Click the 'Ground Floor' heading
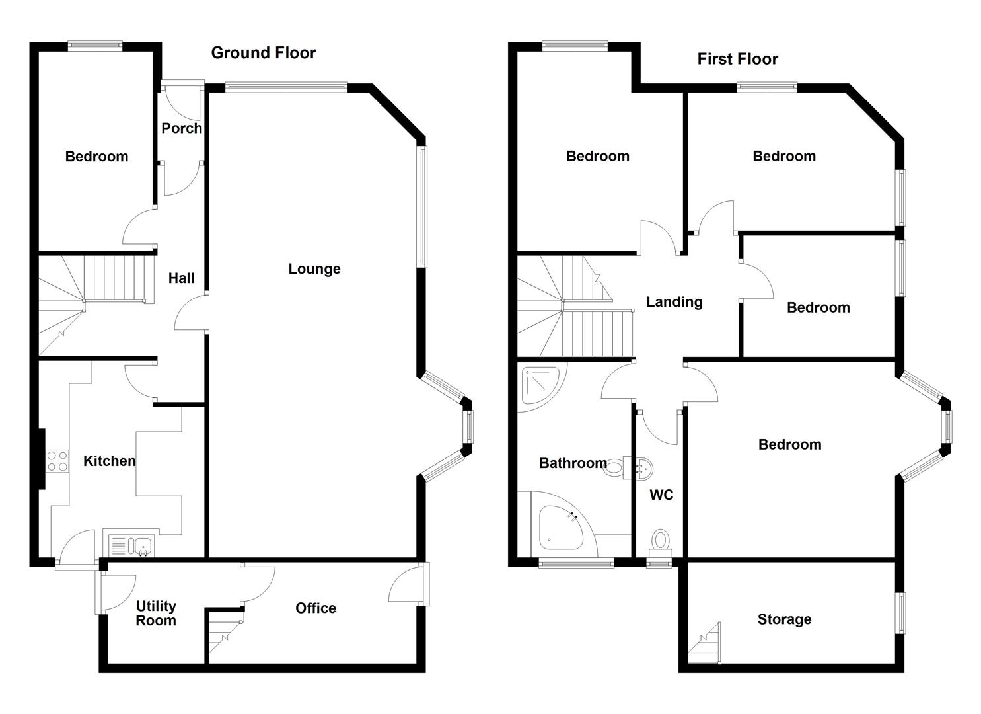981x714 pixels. click(263, 53)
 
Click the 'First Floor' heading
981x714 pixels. click(737, 59)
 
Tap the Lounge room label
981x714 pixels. click(314, 269)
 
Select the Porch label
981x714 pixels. click(182, 128)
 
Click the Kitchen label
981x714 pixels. click(110, 461)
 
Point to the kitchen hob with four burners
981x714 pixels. click(57, 461)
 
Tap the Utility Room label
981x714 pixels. click(156, 614)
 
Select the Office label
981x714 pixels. click(316, 608)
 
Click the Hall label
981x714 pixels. click(181, 278)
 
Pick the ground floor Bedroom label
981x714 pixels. click(96, 157)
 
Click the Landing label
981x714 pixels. click(674, 302)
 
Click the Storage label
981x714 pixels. click(784, 619)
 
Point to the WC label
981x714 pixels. click(661, 495)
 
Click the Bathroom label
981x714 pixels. click(573, 463)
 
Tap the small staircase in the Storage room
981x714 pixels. click(705, 644)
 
